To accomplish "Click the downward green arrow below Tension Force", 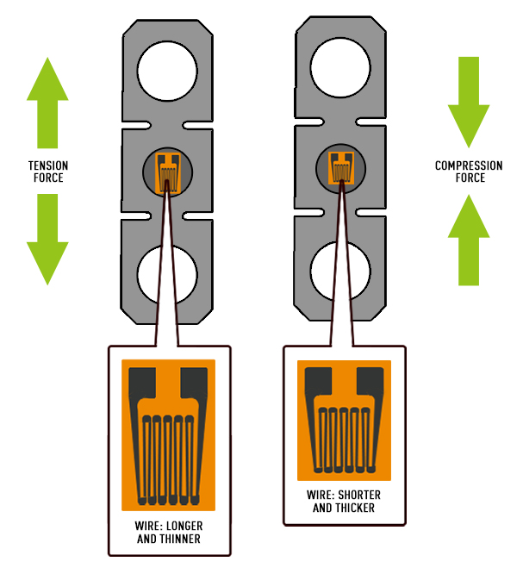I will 47,237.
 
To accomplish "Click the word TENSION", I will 48,165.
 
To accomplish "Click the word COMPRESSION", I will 470,165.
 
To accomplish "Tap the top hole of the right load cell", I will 340,70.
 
